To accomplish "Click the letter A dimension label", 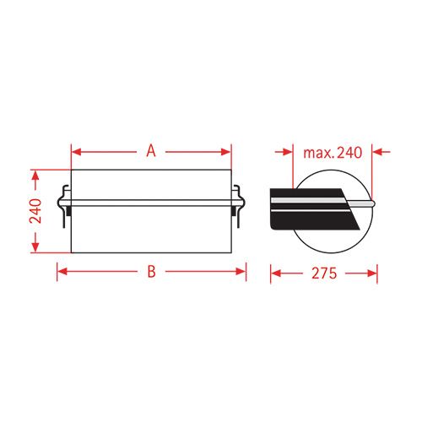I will pyautogui.click(x=151, y=152).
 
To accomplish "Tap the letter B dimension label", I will pyautogui.click(x=151, y=272).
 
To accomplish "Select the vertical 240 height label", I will pyautogui.click(x=36, y=210).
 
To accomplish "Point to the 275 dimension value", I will pyautogui.click(x=324, y=273).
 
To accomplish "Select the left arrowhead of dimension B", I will pyautogui.click(x=62, y=272).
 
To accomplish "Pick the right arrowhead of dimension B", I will pyautogui.click(x=241, y=272).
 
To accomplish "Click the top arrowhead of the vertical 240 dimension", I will pyautogui.click(x=35, y=174).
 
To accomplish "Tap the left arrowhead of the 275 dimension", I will pyautogui.click(x=274, y=273).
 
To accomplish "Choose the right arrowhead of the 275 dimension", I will pyautogui.click(x=372, y=273).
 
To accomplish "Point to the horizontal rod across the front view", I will pyautogui.click(x=151, y=203).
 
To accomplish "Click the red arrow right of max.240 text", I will pyautogui.click(x=378, y=152).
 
